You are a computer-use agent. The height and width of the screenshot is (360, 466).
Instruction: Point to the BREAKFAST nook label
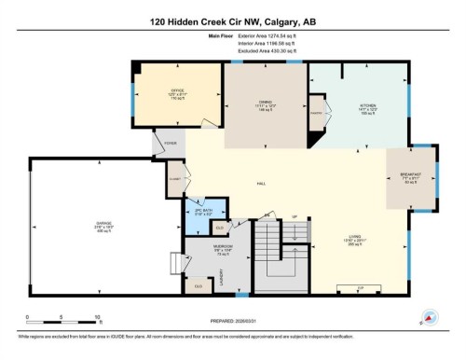[411, 177]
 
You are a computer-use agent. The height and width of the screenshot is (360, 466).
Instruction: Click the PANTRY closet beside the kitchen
[316, 113]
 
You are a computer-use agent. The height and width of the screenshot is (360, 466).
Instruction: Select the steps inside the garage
[173, 265]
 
